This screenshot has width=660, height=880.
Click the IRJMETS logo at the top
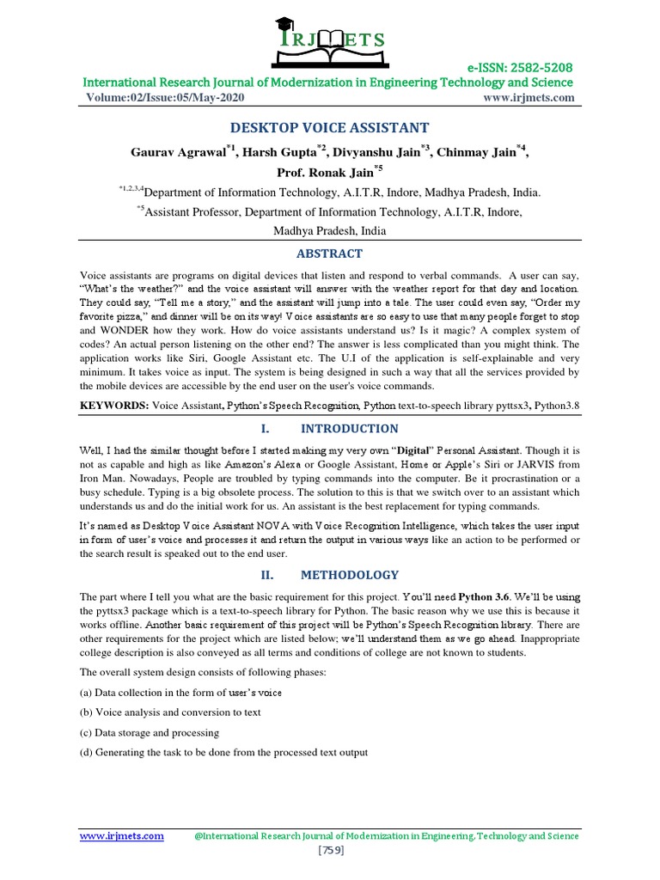coord(329,40)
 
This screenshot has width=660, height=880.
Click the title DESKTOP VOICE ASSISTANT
coord(329,128)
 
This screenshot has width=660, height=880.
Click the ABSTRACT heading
coord(329,254)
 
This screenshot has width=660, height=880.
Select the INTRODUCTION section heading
coord(354,428)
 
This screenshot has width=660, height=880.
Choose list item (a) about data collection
coord(180,692)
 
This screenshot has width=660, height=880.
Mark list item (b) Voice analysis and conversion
coord(170,712)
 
